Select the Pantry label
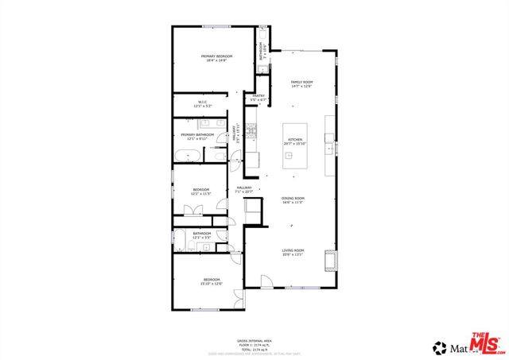point(258,98)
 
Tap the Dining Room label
point(293,200)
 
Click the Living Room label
point(293,254)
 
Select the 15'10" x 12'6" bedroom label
point(211,281)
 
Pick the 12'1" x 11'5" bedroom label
point(200,192)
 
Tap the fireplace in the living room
point(330,259)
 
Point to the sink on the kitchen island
point(291,156)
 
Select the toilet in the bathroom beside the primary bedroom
point(262,34)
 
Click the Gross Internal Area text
point(254,339)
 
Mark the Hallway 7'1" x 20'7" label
point(244,190)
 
